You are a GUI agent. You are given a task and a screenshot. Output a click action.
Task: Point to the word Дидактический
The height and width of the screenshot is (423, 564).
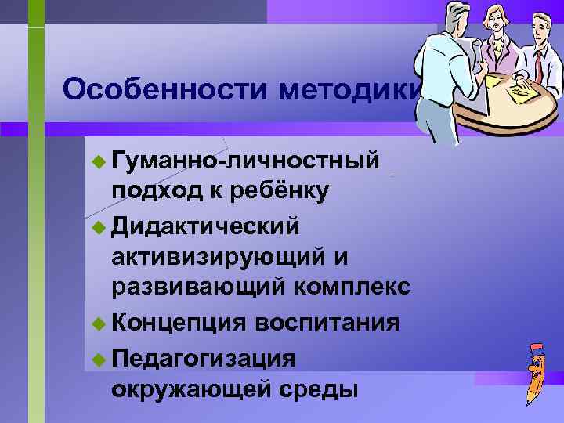206,226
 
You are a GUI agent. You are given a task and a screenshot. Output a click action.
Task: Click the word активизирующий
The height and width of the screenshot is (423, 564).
219,256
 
